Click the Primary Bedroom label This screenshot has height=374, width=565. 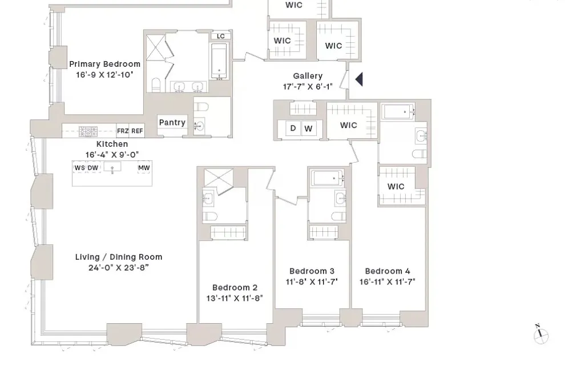point(104,65)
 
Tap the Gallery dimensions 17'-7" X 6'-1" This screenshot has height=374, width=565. point(308,87)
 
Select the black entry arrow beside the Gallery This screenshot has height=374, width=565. point(359,79)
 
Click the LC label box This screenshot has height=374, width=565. point(221,36)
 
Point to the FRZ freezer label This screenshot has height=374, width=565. point(123,131)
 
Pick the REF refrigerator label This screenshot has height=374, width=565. point(137,131)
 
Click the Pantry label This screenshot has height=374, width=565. point(172,122)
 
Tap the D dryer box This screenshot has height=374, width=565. point(293,128)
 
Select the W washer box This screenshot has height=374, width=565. point(308,128)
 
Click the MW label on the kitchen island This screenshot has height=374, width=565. point(144,168)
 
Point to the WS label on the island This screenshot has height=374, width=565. point(79,168)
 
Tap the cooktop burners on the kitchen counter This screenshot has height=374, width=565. point(88,131)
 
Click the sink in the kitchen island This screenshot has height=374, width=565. point(112,168)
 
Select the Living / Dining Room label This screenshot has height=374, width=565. point(119,257)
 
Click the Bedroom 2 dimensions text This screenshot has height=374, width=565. point(235,298)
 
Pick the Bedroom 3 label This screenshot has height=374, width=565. point(312,271)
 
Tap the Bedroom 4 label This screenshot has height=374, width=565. point(388,271)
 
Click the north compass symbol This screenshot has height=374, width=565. point(540,336)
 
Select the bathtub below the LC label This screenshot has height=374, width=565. point(220,61)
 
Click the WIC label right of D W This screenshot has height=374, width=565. point(349,125)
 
